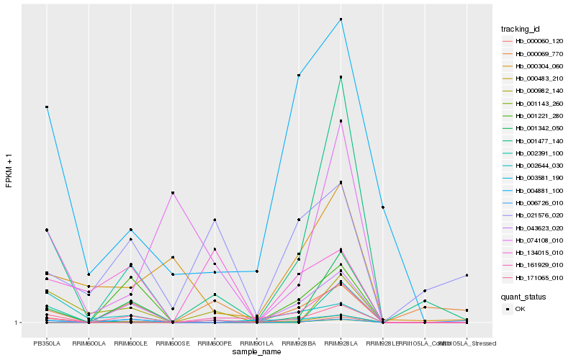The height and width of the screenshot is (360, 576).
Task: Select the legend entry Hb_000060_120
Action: (x=534, y=41)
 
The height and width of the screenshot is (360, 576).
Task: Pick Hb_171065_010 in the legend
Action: (x=534, y=277)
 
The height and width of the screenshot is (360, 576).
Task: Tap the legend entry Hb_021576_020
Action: (x=534, y=215)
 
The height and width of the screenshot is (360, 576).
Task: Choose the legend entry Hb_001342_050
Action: (x=534, y=128)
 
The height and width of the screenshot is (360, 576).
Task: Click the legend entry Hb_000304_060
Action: (x=534, y=66)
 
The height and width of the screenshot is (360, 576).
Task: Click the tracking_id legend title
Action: (x=521, y=29)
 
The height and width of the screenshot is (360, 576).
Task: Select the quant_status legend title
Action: (x=523, y=296)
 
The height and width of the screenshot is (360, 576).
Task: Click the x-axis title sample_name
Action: (x=256, y=352)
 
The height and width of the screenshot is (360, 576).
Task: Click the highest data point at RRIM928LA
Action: (x=341, y=19)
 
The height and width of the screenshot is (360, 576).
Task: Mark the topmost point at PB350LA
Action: (x=47, y=107)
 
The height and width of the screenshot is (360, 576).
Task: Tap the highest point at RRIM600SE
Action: (x=173, y=193)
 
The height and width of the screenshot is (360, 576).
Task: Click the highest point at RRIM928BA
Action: (x=298, y=75)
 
